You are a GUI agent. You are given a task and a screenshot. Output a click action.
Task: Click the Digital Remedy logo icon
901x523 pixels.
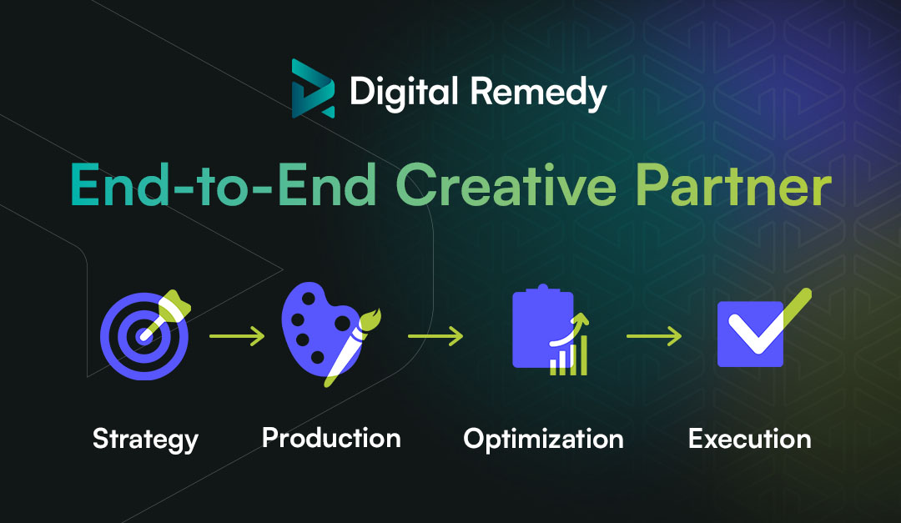[313, 88]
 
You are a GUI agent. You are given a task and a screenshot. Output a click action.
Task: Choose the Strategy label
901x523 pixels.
[145, 439]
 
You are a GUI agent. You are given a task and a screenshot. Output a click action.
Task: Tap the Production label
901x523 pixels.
[331, 437]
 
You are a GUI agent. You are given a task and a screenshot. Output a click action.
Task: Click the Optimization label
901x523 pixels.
[543, 439]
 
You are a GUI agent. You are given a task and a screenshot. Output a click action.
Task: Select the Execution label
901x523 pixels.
[749, 439]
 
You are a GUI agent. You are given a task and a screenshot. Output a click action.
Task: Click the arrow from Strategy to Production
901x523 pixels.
[236, 336]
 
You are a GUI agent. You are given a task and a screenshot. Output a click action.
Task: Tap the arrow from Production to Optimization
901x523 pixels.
[435, 336]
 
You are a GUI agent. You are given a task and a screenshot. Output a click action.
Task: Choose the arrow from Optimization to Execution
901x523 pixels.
[653, 336]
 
